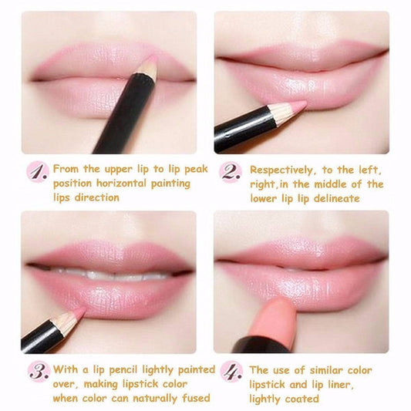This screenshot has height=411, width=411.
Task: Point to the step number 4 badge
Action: (x=231, y=372)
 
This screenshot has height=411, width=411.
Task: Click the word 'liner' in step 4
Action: (x=350, y=384)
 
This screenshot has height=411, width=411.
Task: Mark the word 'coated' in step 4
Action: (x=302, y=398)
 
